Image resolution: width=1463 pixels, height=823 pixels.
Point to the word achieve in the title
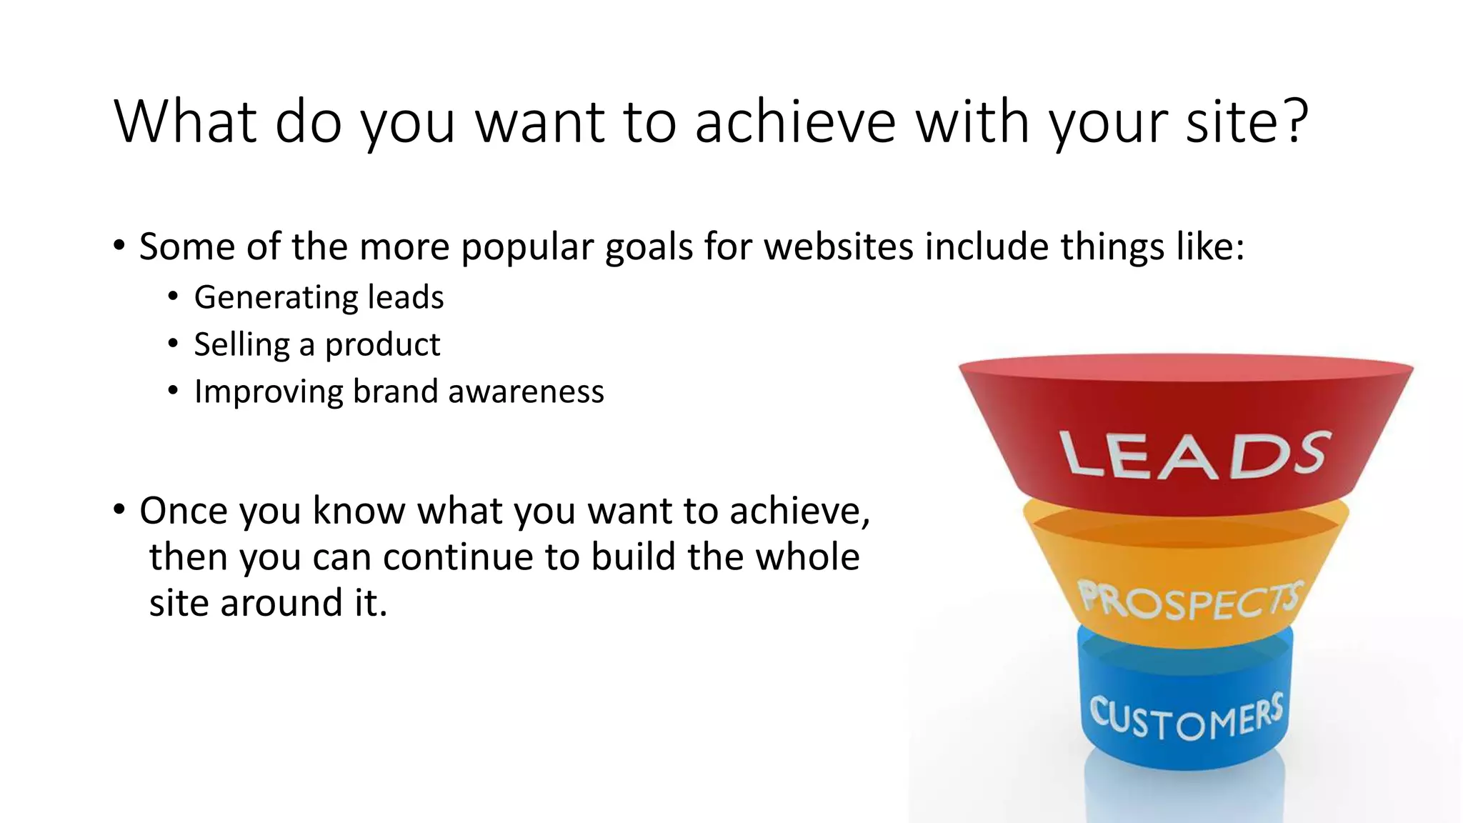(x=794, y=121)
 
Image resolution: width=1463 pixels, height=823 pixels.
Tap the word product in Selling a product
(x=382, y=345)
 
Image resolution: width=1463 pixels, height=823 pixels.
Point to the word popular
(x=527, y=248)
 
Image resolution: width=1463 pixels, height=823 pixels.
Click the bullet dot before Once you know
(x=119, y=510)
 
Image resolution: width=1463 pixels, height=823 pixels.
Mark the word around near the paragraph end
(x=281, y=603)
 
